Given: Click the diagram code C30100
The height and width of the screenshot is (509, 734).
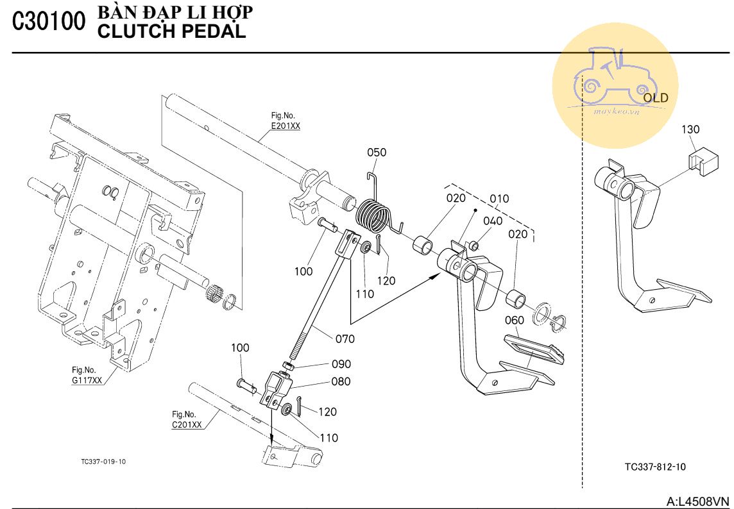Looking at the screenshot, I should coord(48,22).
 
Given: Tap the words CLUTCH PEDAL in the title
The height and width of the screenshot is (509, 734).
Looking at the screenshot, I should coord(171,31).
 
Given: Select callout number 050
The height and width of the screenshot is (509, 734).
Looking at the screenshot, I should coord(377,153).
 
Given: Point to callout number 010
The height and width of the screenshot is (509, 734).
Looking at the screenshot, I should coord(499,199).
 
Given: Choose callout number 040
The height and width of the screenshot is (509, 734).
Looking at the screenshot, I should coord(493,221).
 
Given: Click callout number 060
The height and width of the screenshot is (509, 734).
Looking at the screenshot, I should coord(514,320).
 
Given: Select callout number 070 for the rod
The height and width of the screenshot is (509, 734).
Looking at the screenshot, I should coord(344,338).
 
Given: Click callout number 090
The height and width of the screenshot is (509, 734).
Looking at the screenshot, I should coord(341,364).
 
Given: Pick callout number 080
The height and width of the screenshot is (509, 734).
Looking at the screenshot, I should coord(341,381).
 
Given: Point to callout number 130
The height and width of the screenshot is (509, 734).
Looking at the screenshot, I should coord(690,129).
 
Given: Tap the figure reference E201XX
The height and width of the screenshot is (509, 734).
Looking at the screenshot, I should coord(285,126).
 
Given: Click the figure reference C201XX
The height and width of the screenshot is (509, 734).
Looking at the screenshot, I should coord(186,424).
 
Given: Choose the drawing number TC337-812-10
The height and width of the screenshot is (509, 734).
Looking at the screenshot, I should coord(654,467).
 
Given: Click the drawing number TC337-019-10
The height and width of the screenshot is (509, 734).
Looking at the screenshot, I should coord(103,461).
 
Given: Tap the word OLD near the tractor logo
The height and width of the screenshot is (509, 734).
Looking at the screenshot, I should coord(655,98).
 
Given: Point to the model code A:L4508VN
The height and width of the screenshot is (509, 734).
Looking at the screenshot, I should coord(698,501).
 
